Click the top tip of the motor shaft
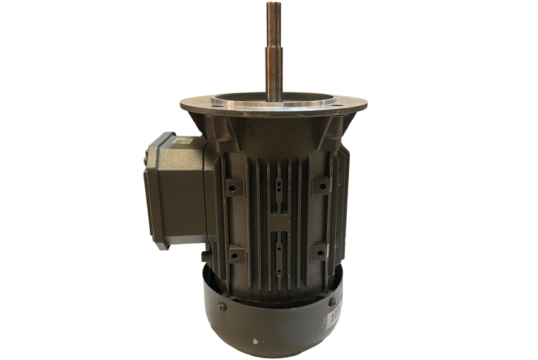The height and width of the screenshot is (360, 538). coord(274,5)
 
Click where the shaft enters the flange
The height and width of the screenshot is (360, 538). coord(274,99)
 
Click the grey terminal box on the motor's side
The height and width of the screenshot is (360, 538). coord(176,189)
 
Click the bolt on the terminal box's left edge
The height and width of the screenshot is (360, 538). coord(147,162)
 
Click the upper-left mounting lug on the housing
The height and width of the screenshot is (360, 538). coord(235,187)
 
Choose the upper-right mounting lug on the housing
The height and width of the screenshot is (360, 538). coord(321,185)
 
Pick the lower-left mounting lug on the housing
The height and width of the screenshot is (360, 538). coord(237,254)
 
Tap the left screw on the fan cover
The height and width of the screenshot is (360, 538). coord(221,307)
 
